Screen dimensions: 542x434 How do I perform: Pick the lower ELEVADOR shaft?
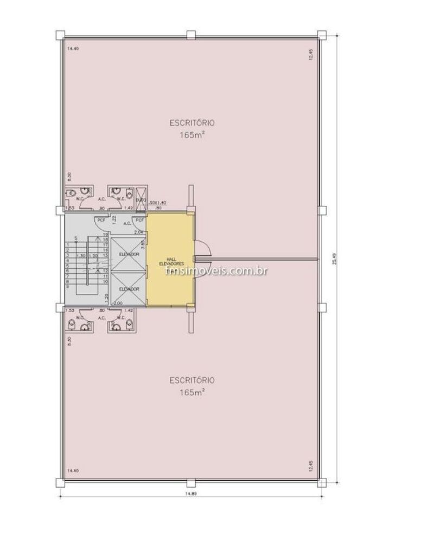128,289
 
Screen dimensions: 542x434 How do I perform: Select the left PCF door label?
101,220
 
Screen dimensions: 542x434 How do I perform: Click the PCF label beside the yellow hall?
139,220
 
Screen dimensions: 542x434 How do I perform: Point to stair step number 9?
67,286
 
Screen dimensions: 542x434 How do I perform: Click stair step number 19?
105,234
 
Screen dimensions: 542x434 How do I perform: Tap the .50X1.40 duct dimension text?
157,202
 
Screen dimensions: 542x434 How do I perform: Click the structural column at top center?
190,35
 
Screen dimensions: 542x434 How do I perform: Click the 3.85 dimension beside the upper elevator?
142,244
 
